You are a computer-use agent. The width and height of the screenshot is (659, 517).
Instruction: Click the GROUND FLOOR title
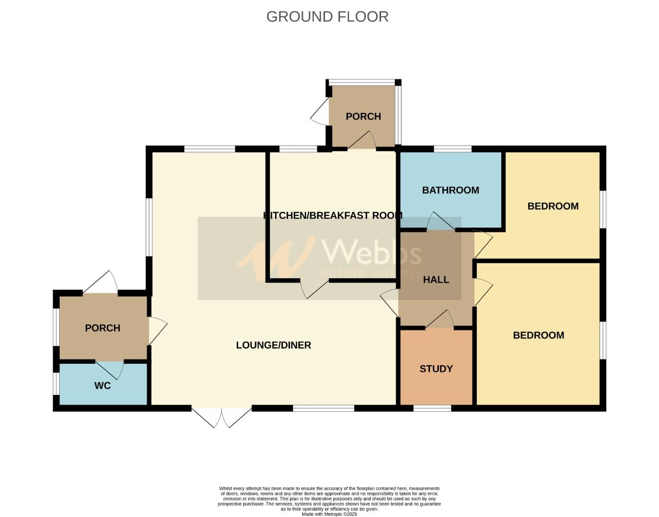[327, 17]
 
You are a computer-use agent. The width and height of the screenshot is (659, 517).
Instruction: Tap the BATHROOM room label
[451, 190]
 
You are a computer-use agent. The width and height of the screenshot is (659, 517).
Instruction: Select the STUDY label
[436, 369]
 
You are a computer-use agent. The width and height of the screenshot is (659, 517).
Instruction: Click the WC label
[103, 385]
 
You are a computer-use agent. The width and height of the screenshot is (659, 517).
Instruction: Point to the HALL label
[436, 280]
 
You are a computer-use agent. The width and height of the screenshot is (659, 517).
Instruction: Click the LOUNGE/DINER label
[274, 345]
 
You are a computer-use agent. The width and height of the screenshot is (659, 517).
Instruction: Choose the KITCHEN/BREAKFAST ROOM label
[333, 215]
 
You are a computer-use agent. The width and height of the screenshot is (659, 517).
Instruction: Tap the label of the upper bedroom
[553, 206]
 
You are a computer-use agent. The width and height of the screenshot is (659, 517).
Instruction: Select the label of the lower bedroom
[538, 335]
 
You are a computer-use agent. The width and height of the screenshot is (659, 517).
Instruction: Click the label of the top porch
[363, 116]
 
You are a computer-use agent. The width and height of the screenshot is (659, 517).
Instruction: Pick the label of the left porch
[103, 328]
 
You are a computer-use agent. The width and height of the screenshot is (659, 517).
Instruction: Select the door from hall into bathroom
[440, 222]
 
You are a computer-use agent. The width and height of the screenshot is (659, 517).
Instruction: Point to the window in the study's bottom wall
[432, 408]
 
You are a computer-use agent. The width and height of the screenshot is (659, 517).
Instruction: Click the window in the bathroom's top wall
[452, 149]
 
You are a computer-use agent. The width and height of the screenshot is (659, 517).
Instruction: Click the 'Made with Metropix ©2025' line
[329, 514]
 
